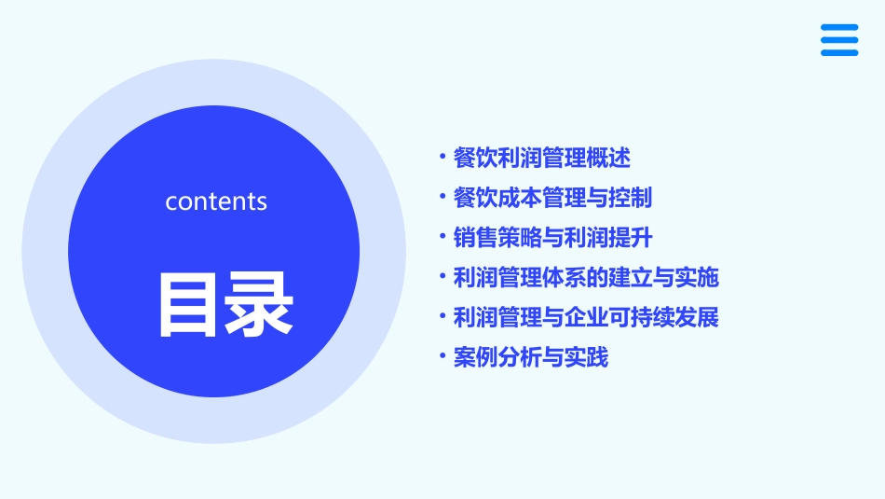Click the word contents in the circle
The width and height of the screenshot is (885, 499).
[216, 201]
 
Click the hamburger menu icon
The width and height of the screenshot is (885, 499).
[839, 40]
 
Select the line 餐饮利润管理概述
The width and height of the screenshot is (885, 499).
[542, 159]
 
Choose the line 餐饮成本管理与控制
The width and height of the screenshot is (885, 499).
[552, 198]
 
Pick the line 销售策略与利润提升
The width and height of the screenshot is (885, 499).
[552, 238]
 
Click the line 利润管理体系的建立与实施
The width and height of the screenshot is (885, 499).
[586, 277]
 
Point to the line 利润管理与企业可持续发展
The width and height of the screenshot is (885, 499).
[586, 317]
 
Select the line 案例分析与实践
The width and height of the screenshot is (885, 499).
[531, 357]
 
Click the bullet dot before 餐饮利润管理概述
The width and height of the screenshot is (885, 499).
[442, 158]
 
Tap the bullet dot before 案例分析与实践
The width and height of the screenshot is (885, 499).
[442, 356]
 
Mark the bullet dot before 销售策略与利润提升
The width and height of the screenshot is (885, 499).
[442, 237]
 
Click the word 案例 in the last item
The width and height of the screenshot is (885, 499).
[475, 357]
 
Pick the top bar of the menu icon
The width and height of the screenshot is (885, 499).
[839, 28]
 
